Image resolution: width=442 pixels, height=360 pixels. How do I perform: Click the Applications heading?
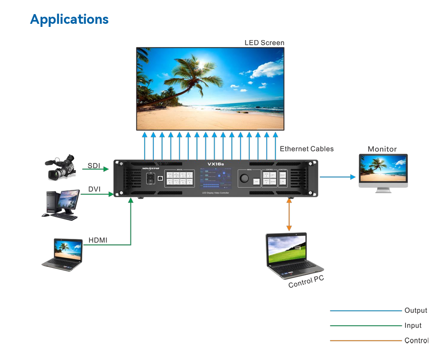click(x=69, y=19)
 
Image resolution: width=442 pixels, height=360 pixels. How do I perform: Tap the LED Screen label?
click(x=264, y=43)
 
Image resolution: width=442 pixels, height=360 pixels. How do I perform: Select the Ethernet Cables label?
click(x=307, y=149)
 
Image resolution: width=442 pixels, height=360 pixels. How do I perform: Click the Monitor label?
click(x=382, y=149)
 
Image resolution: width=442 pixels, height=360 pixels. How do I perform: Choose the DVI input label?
click(x=94, y=189)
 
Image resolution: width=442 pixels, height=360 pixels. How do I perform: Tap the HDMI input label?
click(x=98, y=240)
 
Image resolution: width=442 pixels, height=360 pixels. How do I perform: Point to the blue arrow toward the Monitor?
click(x=338, y=177)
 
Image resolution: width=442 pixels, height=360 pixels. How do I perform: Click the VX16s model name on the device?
click(x=216, y=164)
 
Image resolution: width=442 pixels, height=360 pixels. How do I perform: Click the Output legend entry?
click(x=416, y=311)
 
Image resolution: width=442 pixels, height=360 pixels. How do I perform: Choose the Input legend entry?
click(x=413, y=326)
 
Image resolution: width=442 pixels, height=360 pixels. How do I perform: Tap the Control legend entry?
click(x=416, y=341)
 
